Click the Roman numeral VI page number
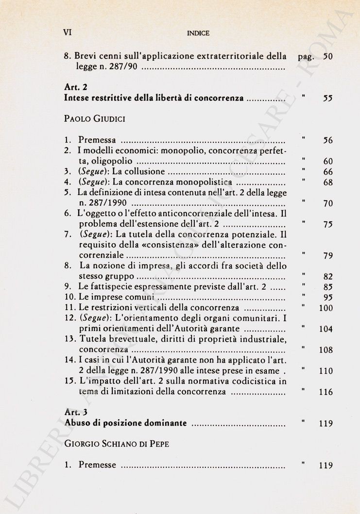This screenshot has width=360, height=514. (68, 33)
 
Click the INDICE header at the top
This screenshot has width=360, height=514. (198, 33)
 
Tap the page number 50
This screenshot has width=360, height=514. (328, 56)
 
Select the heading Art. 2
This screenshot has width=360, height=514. (75, 87)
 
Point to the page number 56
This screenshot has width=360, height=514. (328, 141)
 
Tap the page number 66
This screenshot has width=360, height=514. (328, 172)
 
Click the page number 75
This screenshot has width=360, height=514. (328, 225)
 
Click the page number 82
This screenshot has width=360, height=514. (328, 277)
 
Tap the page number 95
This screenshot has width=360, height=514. (328, 298)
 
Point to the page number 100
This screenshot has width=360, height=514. (326, 308)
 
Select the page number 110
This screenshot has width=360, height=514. (326, 371)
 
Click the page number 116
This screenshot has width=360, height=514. (326, 392)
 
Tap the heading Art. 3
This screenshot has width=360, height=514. (75, 413)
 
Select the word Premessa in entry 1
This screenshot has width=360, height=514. (97, 140)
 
